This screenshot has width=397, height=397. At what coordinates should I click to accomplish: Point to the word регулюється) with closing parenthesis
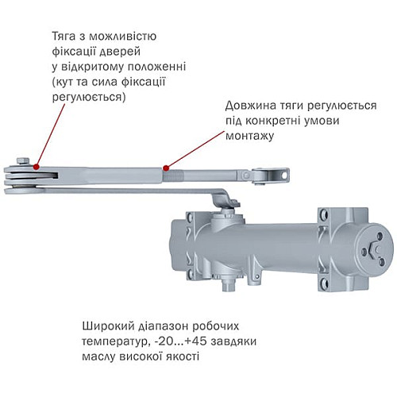(x=87, y=96)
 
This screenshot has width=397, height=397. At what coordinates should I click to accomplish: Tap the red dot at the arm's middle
(x=165, y=168)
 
